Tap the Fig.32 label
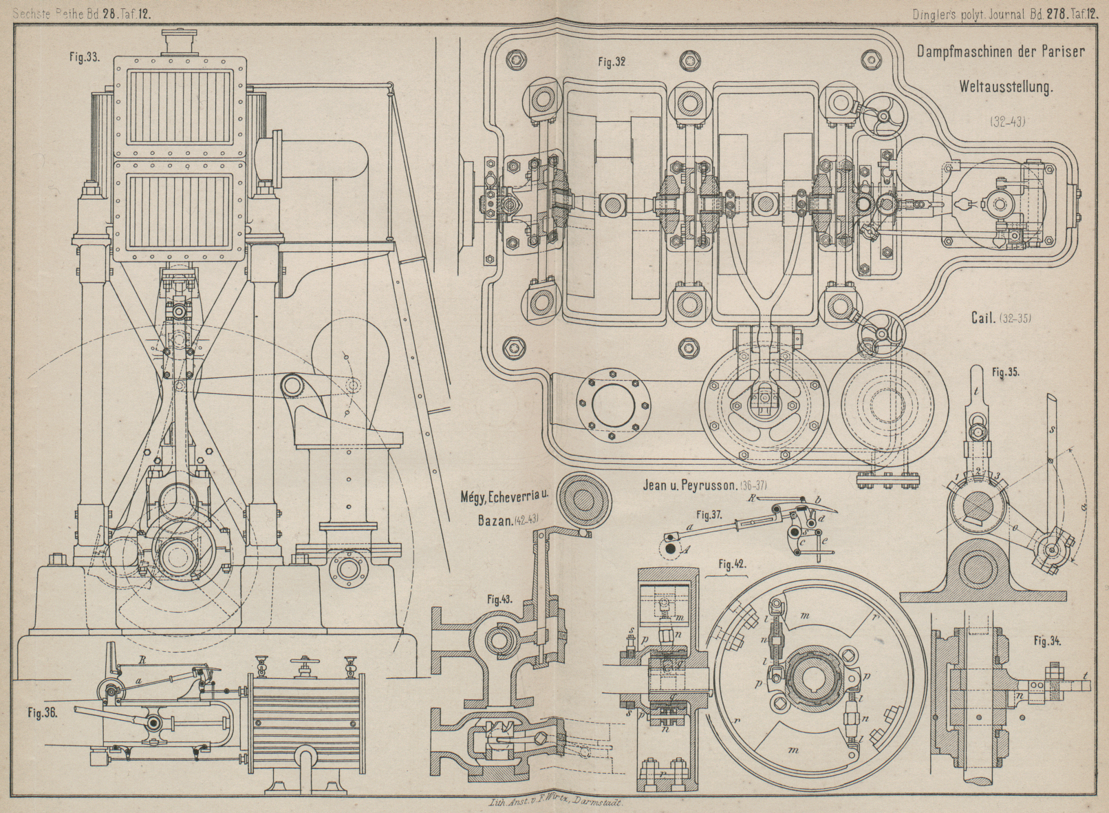pyautogui.click(x=612, y=62)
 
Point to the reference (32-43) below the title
pyautogui.click(x=1008, y=121)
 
